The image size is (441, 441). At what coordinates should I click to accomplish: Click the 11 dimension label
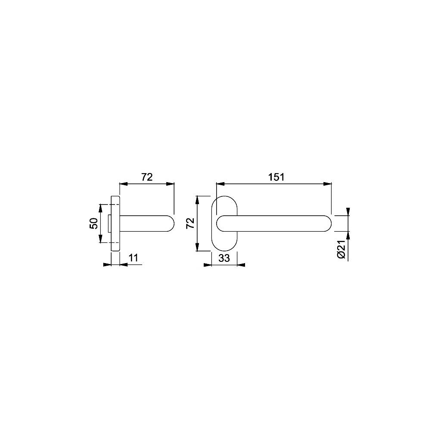click(x=134, y=258)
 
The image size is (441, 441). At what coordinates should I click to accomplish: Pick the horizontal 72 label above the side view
click(x=147, y=177)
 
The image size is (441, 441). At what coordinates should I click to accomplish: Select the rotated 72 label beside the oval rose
click(x=190, y=223)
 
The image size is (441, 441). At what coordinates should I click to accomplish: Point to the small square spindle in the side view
click(x=109, y=223)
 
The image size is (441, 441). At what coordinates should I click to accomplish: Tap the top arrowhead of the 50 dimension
click(x=100, y=207)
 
